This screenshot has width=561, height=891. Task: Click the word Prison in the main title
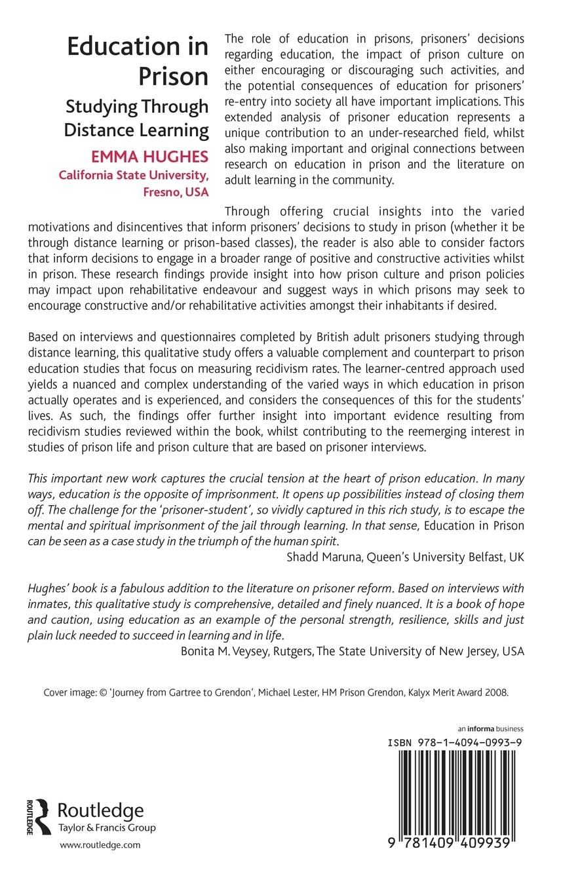(173, 76)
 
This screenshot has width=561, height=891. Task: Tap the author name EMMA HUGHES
(150, 157)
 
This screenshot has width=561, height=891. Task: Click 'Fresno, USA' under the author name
(176, 192)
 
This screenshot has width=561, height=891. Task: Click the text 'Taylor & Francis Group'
(107, 827)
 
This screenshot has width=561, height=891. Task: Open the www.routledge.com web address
(100, 845)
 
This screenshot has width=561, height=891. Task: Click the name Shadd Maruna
(320, 557)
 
